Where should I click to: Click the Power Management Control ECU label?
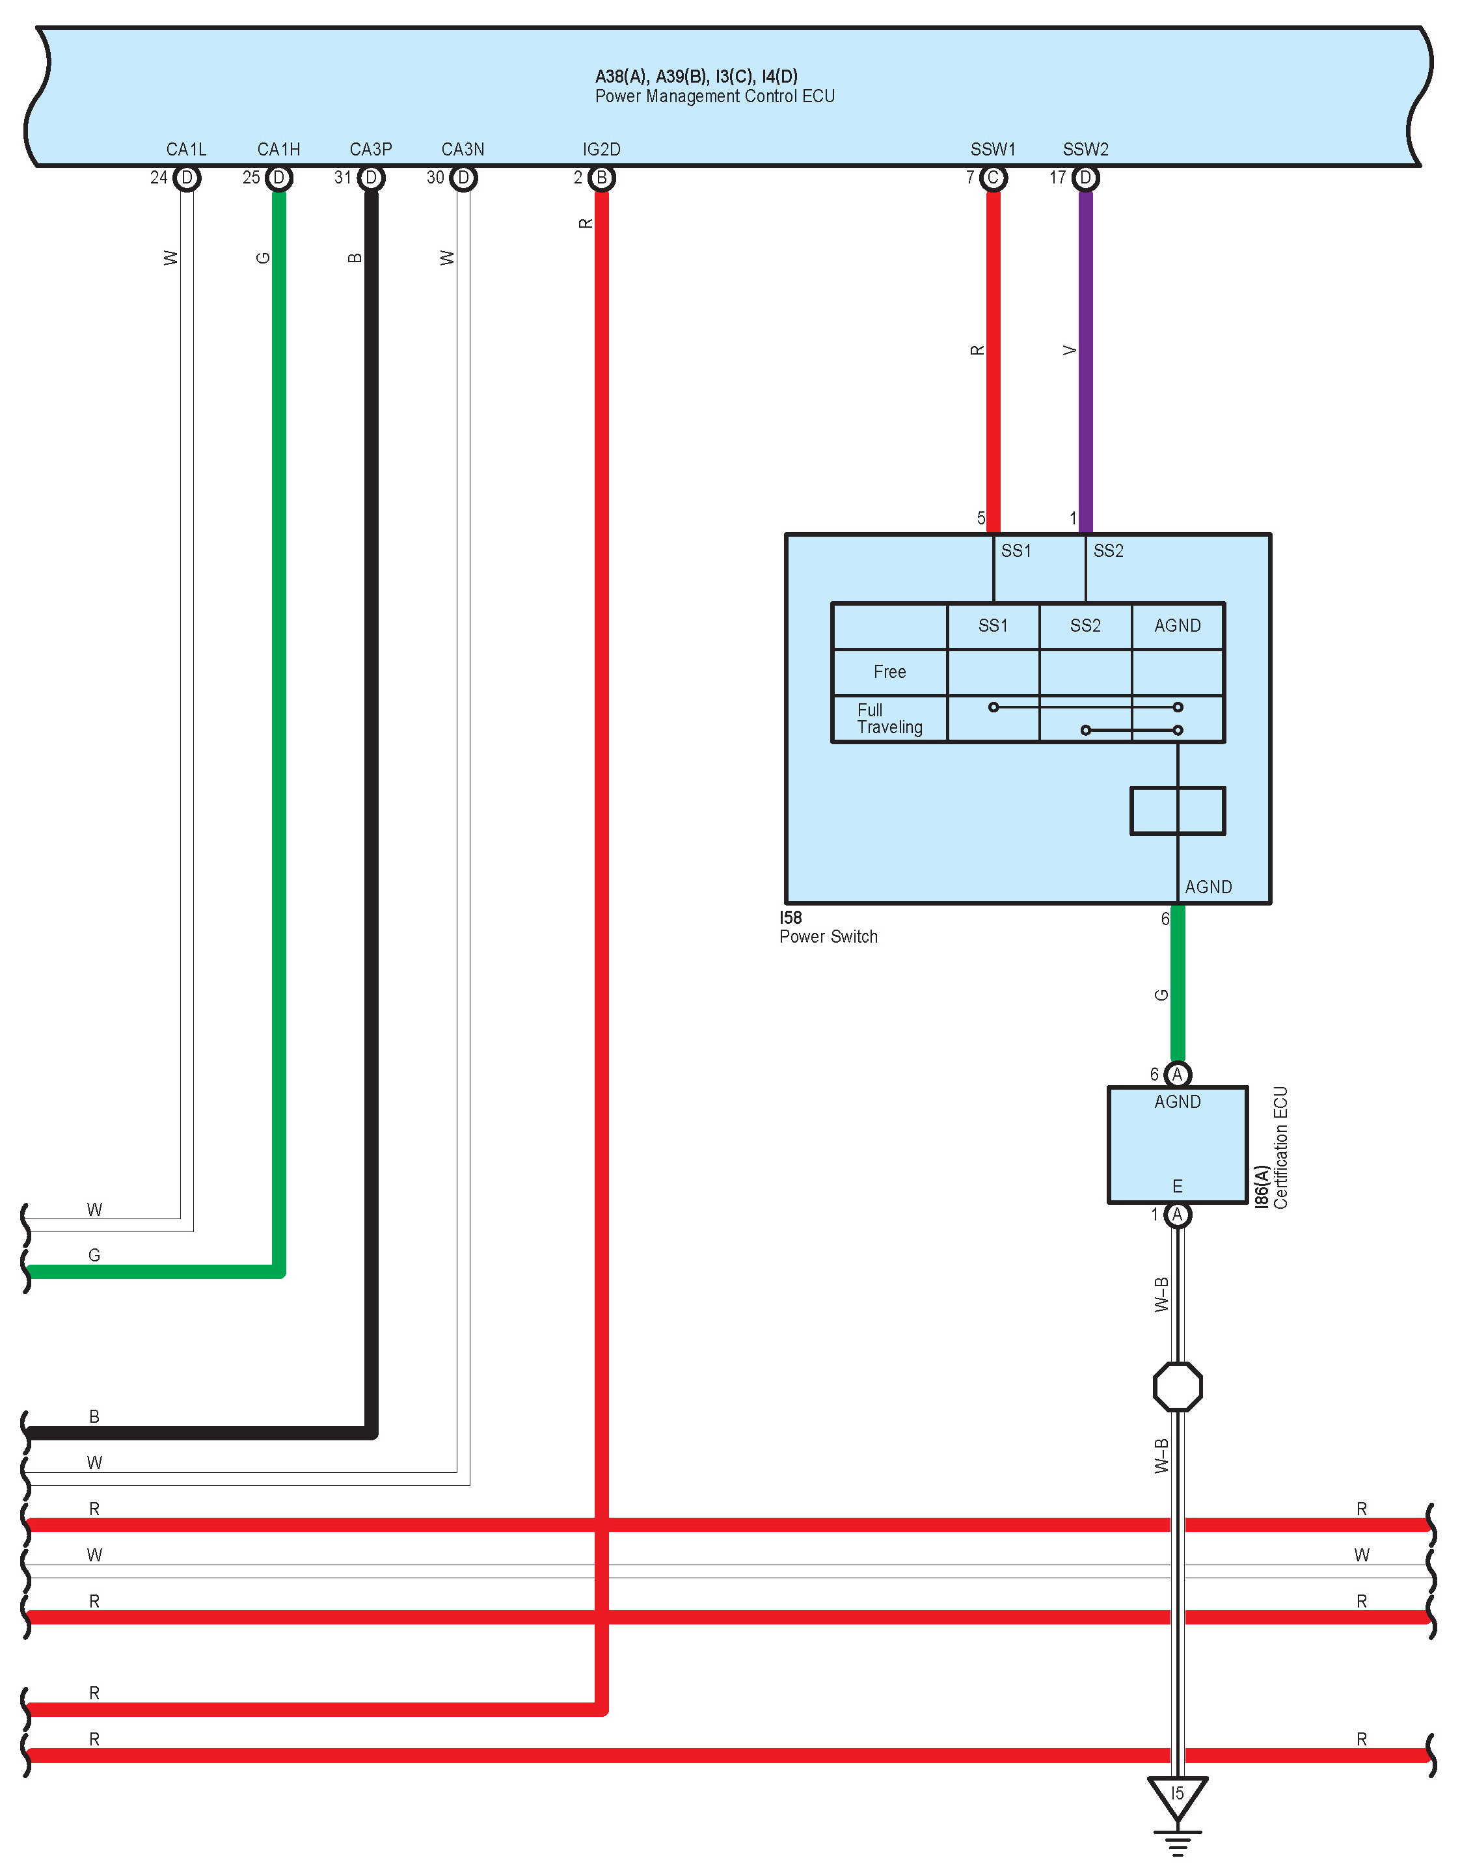point(714,96)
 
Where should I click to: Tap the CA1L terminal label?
point(186,149)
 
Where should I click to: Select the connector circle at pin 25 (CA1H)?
point(278,178)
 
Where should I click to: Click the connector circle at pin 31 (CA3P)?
point(371,178)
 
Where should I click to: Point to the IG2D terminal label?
point(601,149)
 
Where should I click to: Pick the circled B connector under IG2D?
point(601,178)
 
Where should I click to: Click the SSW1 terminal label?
point(992,149)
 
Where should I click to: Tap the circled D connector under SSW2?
point(1086,178)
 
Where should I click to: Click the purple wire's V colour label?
point(1068,351)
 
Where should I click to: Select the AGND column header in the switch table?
point(1177,625)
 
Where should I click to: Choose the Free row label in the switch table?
point(889,671)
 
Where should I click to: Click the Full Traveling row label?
point(889,719)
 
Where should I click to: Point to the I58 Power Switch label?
point(828,928)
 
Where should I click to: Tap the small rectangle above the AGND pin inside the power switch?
point(1177,811)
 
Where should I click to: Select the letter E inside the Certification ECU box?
point(1177,1186)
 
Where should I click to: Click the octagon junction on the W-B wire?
point(1177,1387)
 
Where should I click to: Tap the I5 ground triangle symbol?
point(1177,1796)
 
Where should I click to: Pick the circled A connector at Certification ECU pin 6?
point(1177,1074)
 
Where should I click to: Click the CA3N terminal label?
point(463,149)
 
